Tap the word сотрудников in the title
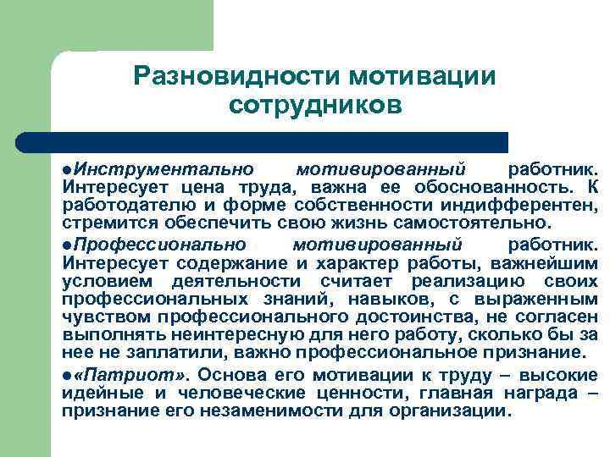pyautogui.click(x=313, y=107)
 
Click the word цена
pyautogui.click(x=200, y=186)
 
